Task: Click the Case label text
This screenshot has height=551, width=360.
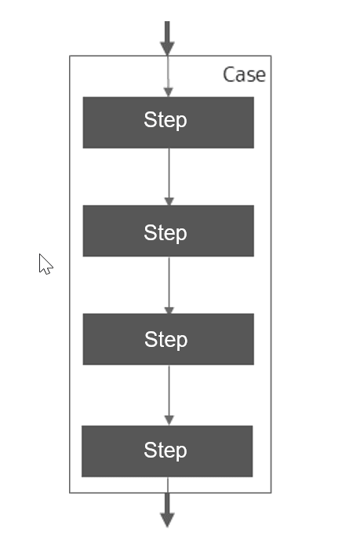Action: pyautogui.click(x=244, y=75)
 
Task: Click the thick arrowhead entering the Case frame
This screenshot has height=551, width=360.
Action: pyautogui.click(x=167, y=47)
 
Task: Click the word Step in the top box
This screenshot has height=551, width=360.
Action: pyautogui.click(x=165, y=120)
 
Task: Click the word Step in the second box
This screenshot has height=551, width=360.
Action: pyautogui.click(x=165, y=232)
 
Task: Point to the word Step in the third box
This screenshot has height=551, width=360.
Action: pyautogui.click(x=165, y=340)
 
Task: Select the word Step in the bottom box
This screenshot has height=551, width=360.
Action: pyautogui.click(x=165, y=451)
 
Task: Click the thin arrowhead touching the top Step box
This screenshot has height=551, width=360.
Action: pyautogui.click(x=168, y=92)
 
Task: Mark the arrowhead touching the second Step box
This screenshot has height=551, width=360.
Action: pyautogui.click(x=169, y=201)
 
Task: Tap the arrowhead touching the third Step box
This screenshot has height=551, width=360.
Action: pyautogui.click(x=169, y=310)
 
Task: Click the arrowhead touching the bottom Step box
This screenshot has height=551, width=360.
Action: pyautogui.click(x=169, y=421)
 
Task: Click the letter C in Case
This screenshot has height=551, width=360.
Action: pyautogui.click(x=229, y=75)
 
